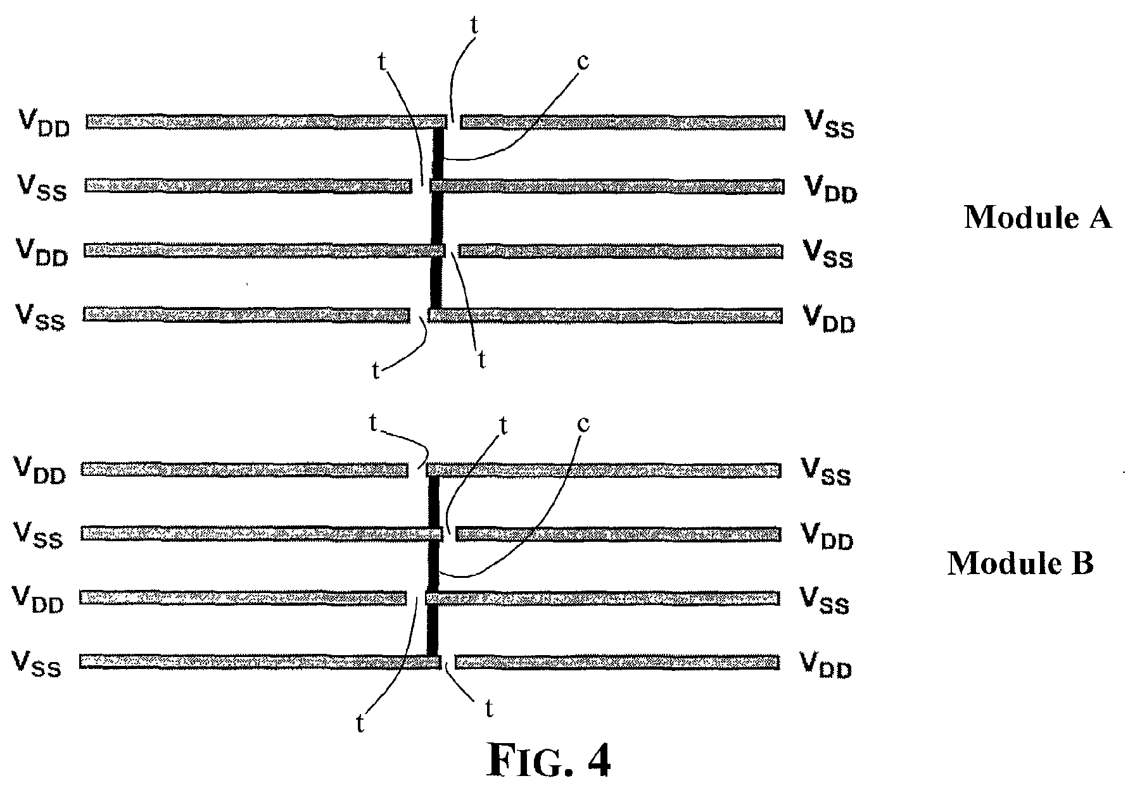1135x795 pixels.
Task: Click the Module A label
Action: tap(1037, 218)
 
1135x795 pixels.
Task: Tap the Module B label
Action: tap(1020, 563)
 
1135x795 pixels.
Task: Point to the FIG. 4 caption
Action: tap(549, 761)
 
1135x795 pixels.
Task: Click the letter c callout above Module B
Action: tap(583, 424)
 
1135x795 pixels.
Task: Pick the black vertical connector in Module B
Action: tap(434, 567)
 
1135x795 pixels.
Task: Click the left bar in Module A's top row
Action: tap(267, 122)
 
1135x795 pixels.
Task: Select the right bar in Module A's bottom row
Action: tap(605, 315)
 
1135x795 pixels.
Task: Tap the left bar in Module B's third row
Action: tap(243, 598)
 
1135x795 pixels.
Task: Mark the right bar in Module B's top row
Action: tap(603, 470)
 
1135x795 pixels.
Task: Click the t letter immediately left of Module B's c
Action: tap(504, 425)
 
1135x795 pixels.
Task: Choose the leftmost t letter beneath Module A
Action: tap(376, 370)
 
